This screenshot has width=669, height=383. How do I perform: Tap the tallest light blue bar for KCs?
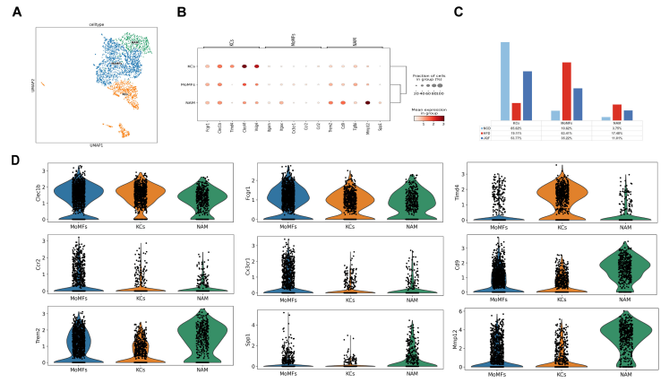tap(506, 81)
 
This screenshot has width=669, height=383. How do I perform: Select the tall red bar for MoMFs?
tap(567, 91)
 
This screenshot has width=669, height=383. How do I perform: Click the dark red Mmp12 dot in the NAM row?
tap(368, 103)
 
